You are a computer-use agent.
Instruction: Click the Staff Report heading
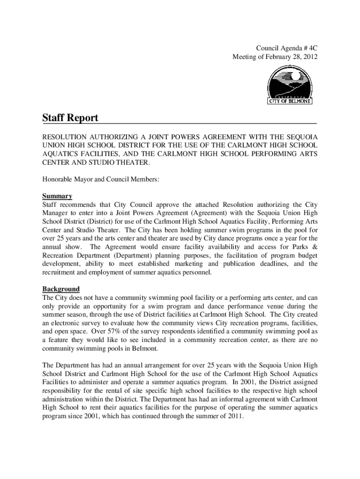pos(70,118)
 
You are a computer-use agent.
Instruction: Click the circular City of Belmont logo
pos(290,85)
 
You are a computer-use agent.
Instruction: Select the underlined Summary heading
pos(57,196)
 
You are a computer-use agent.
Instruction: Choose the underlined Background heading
pos(61,289)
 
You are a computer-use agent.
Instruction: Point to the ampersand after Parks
pos(315,247)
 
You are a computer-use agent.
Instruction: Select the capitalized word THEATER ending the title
pos(134,163)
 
